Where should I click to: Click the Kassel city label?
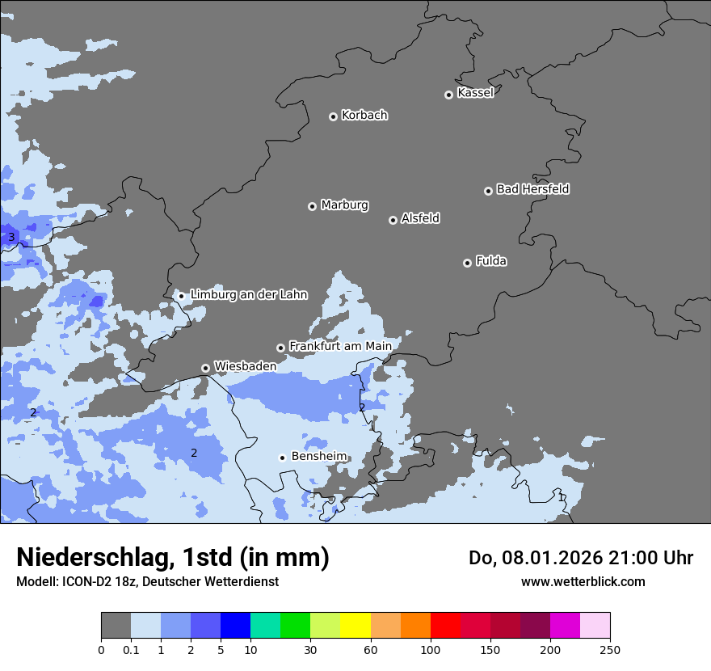coord(475,93)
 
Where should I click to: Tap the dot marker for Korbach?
coord(333,116)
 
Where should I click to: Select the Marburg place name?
coord(344,205)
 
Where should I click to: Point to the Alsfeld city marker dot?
coord(393,220)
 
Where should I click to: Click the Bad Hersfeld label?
coord(532,189)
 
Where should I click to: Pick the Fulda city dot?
coord(467,263)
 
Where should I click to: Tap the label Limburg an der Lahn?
coord(249,295)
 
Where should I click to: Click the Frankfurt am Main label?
coord(340,347)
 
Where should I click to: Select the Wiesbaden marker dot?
coord(205,368)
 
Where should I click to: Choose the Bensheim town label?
coord(318,457)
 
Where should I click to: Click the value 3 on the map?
coord(11,237)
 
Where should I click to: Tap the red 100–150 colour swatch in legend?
coord(445,626)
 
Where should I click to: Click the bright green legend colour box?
coord(295,626)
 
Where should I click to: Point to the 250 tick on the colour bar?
coord(610,649)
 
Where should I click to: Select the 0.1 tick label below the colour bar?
coord(131,649)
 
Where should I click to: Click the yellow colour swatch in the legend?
coord(355,626)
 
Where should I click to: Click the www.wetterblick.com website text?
coord(583,582)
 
